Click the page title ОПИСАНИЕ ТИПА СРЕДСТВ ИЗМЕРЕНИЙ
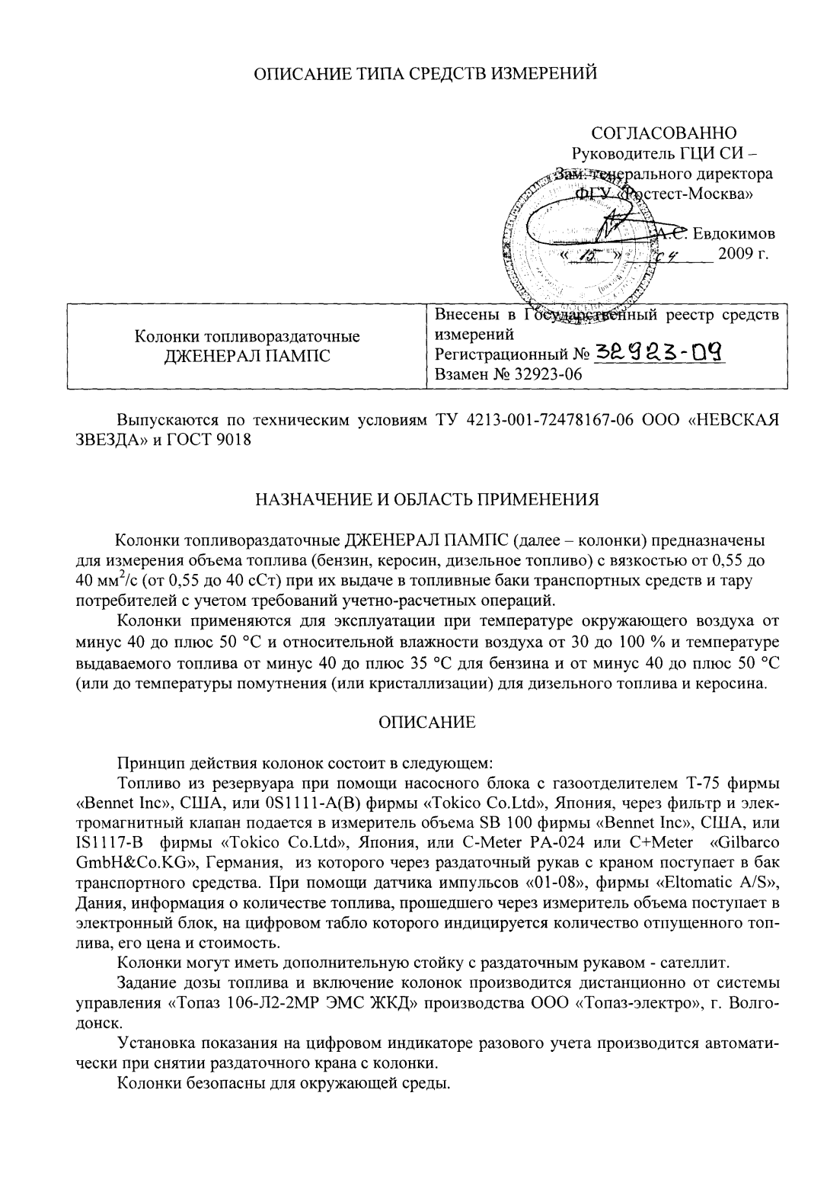pos(423,74)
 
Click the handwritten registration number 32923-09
pos(659,352)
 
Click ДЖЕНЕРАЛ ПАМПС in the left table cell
pos(247,355)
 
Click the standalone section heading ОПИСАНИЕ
pos(426,723)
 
